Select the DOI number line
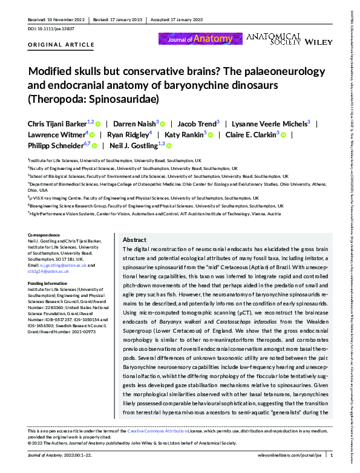49,28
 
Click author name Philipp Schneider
55,145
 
